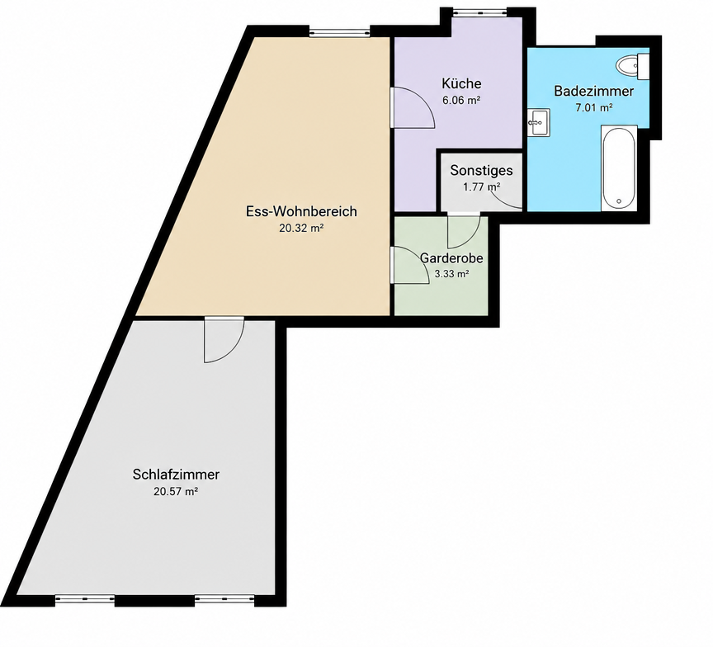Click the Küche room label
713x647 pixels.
click(x=461, y=83)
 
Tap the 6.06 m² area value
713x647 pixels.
click(x=461, y=101)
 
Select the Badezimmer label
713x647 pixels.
click(x=594, y=91)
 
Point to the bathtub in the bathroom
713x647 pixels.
click(x=618, y=168)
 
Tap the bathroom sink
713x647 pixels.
click(x=539, y=122)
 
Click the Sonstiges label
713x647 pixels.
click(x=482, y=171)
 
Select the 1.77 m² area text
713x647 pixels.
click(x=482, y=187)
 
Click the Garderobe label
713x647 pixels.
click(x=451, y=258)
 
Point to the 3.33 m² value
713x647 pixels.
click(x=451, y=274)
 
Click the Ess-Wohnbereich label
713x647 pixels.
click(x=301, y=211)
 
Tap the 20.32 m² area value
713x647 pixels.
click(x=301, y=229)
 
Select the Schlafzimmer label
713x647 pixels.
click(x=176, y=475)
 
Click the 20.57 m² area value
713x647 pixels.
click(x=176, y=492)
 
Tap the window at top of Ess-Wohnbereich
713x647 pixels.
click(x=339, y=32)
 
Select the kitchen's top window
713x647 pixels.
click(x=474, y=12)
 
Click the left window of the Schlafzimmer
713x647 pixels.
click(x=85, y=600)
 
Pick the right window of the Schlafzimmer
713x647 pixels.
click(x=224, y=600)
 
